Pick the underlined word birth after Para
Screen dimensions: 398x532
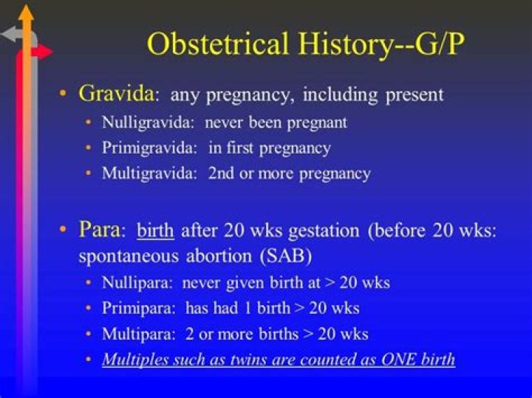coord(155,230)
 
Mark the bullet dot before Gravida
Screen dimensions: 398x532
coord(64,95)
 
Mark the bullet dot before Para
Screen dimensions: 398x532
coord(64,230)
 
